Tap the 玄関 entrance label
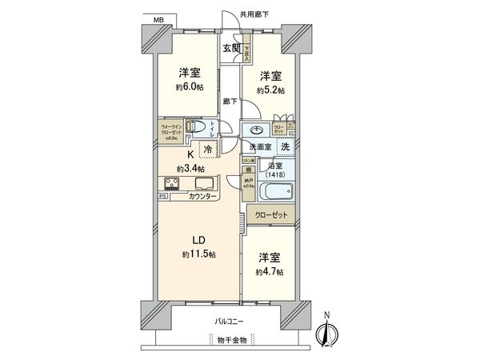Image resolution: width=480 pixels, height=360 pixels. tap(231, 48)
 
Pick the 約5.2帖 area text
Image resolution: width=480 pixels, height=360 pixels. tap(270, 91)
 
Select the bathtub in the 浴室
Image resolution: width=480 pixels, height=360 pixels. tap(278, 193)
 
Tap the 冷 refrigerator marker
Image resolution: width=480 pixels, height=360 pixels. tap(208, 150)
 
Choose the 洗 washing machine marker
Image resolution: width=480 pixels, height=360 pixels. tap(285, 146)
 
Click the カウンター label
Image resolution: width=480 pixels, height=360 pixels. tap(206, 196)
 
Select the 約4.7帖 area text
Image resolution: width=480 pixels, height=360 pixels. tap(270, 272)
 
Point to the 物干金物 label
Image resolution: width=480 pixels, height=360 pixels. tap(231, 342)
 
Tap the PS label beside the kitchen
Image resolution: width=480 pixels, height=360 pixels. tap(162, 196)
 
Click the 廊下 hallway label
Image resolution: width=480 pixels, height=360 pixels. tap(230, 102)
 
